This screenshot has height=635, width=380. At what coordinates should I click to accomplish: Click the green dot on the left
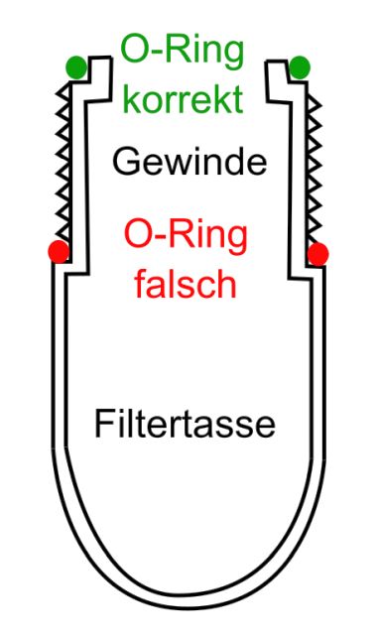pyautogui.click(x=76, y=67)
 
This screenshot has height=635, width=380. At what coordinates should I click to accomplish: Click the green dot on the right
pyautogui.click(x=300, y=66)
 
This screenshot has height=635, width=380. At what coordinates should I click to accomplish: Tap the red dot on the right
pyautogui.click(x=317, y=254)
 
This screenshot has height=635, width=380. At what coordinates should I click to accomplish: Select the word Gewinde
pyautogui.click(x=189, y=161)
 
